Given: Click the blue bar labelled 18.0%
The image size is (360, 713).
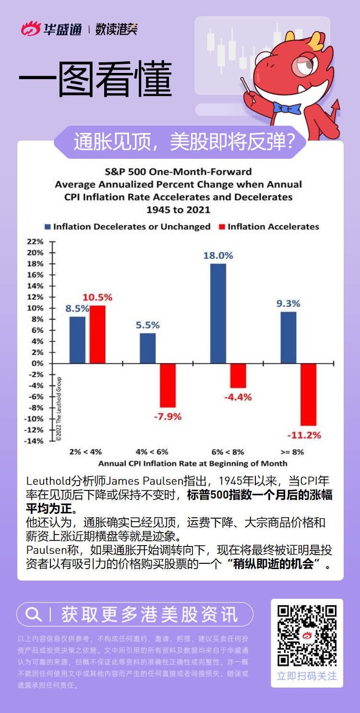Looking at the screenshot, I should point(218,313).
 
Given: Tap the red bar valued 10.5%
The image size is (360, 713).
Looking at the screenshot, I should point(97,334).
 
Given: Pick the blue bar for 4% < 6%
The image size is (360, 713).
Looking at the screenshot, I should point(148,348).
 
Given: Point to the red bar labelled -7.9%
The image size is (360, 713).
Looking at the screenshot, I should point(168,385).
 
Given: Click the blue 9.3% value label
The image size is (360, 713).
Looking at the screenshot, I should point(288,303).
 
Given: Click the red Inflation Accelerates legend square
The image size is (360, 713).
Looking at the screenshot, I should point(222,226).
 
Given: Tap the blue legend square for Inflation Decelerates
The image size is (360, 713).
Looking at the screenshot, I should point(48,226).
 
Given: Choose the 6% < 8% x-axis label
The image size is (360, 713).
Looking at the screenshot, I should point(228,452).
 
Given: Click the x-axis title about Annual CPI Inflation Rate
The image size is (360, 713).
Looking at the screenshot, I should point(192,463).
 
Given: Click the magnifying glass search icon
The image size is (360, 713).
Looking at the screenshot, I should point(33,614).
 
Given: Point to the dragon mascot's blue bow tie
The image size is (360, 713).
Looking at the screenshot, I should point(287,107).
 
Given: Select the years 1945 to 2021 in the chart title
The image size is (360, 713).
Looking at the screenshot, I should point(178,210).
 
